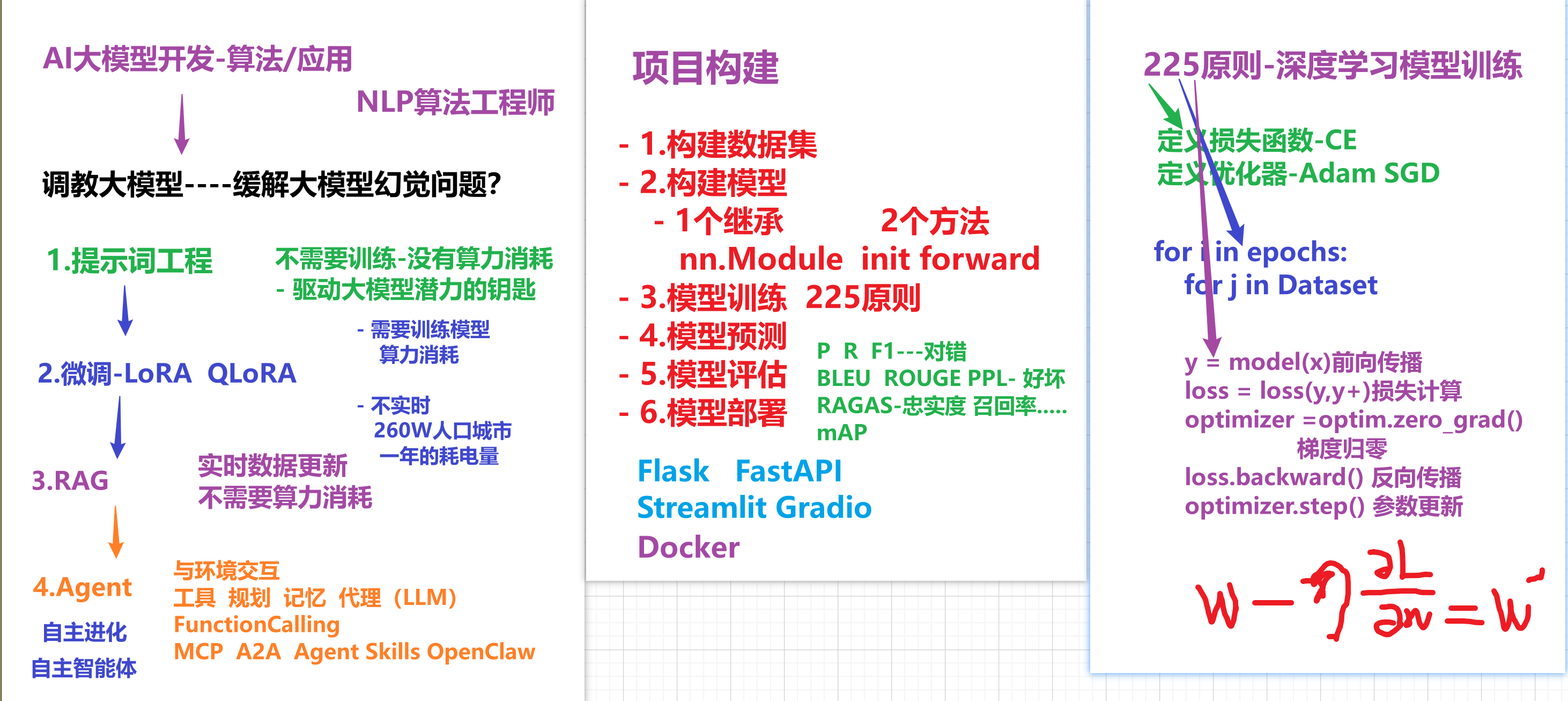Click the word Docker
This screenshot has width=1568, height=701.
(688, 547)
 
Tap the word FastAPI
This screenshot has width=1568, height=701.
(788, 471)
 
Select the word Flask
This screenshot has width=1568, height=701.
(672, 471)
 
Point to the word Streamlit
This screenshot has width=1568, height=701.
(701, 507)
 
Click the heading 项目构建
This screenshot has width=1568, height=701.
(706, 67)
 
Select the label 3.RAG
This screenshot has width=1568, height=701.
(70, 480)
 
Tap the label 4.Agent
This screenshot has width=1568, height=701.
(82, 587)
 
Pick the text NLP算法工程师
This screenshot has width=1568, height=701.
(455, 101)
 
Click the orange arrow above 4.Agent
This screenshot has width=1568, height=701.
(116, 532)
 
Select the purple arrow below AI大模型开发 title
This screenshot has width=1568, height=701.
(181, 123)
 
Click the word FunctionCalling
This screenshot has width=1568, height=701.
(256, 625)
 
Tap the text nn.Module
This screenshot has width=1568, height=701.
(760, 259)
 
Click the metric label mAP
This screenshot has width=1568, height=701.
(841, 433)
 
